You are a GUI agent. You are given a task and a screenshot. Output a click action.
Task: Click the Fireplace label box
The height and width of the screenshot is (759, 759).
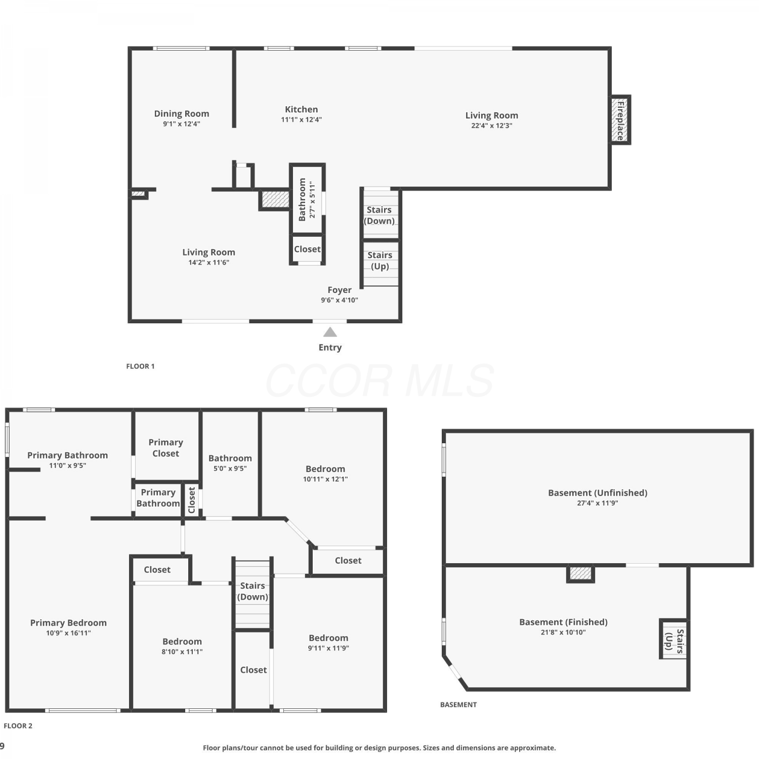click(x=620, y=120)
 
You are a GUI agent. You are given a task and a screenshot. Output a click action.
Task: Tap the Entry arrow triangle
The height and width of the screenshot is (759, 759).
click(x=330, y=332)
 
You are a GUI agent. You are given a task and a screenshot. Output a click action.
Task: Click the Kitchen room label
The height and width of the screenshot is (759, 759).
click(x=302, y=109)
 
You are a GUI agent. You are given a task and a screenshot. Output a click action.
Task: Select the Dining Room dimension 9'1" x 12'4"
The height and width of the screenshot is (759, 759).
click(x=182, y=124)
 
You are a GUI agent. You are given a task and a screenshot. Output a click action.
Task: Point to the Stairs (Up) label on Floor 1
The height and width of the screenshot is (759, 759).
click(x=380, y=261)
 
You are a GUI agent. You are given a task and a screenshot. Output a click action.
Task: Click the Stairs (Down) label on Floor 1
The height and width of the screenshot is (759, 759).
click(x=379, y=215)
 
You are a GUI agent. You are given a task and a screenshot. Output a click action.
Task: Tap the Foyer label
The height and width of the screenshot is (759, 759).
click(x=340, y=290)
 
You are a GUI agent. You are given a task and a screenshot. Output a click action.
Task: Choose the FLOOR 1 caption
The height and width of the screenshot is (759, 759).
click(x=140, y=366)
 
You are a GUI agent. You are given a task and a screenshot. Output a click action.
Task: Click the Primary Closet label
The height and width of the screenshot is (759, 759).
click(x=166, y=448)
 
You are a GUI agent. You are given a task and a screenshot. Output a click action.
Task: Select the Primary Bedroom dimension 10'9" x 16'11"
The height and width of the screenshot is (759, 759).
click(x=68, y=633)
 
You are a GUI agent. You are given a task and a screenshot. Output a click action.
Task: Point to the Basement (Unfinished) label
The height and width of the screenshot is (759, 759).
click(x=598, y=493)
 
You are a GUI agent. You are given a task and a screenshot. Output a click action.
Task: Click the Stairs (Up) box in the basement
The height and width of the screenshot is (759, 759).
click(x=673, y=639)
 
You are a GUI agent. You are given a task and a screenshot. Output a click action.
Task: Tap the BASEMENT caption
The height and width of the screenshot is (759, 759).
click(x=458, y=704)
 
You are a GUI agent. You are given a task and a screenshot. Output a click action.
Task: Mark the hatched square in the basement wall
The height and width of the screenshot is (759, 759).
click(x=580, y=573)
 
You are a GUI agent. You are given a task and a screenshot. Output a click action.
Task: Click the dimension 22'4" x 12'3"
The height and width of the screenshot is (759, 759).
click(x=492, y=125)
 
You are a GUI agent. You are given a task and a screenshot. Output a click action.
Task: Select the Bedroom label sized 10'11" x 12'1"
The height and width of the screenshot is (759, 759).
click(x=325, y=469)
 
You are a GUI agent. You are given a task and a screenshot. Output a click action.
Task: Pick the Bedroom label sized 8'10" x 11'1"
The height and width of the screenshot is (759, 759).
click(x=182, y=642)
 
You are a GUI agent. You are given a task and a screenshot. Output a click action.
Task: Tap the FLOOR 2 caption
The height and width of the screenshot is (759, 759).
click(x=18, y=726)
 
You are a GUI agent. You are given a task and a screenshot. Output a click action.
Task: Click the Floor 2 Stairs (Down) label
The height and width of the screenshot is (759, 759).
click(x=252, y=591)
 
